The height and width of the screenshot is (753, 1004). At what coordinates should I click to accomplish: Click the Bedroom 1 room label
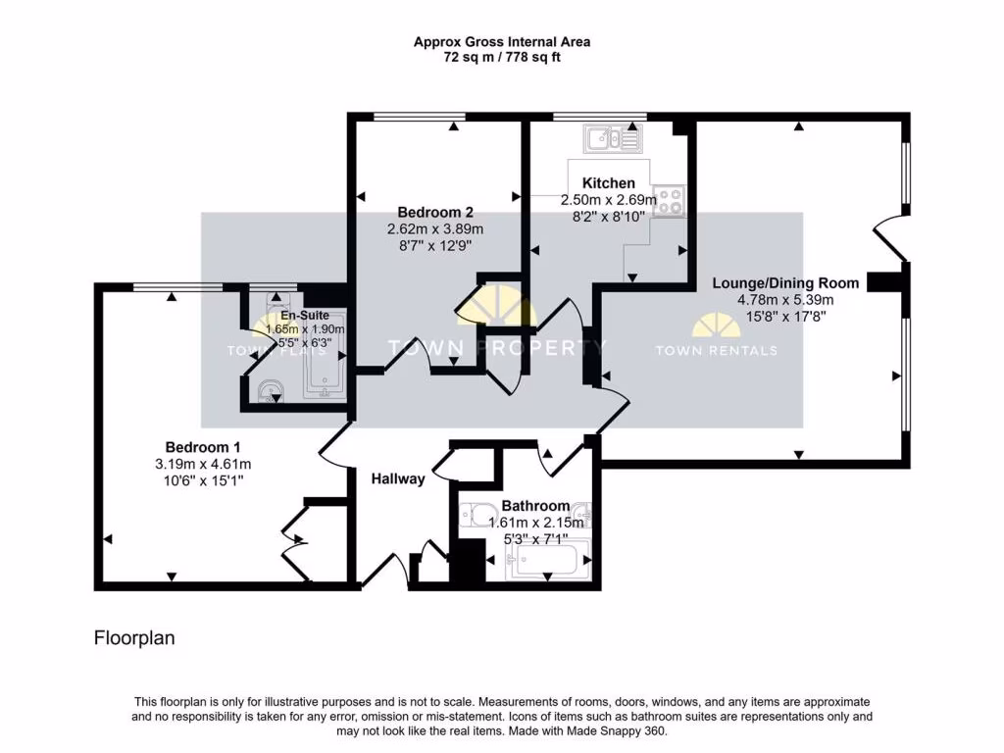coord(202,447)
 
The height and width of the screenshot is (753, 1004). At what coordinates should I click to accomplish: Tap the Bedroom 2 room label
coord(434,212)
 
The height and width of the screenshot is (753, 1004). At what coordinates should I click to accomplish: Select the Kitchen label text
coord(608,182)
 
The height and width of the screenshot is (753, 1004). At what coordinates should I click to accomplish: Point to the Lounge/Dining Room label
coord(785,283)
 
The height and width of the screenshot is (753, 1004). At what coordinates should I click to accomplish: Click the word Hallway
coord(398,478)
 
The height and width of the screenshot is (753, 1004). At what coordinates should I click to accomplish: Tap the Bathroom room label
coord(535,506)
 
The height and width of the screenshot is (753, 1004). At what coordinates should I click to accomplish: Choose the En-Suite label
coord(305,315)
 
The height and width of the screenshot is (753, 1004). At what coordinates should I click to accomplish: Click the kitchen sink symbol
coord(612,138)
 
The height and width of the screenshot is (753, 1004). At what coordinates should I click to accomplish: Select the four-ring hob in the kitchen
coord(669,201)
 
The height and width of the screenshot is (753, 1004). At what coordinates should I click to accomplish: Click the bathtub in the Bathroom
coord(547,561)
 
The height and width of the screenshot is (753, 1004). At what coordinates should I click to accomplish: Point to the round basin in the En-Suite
coord(271,391)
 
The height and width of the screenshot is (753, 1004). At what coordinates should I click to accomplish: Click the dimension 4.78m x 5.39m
coord(785,300)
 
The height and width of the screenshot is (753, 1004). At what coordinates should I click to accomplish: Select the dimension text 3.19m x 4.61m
coord(203,464)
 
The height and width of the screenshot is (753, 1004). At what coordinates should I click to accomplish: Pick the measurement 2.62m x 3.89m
coord(435,228)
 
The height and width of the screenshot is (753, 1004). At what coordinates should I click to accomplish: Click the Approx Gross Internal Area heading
coord(502,41)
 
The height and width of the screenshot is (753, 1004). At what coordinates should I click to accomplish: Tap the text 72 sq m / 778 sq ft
coord(502,57)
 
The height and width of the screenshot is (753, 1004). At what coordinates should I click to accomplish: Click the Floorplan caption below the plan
coord(134,637)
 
